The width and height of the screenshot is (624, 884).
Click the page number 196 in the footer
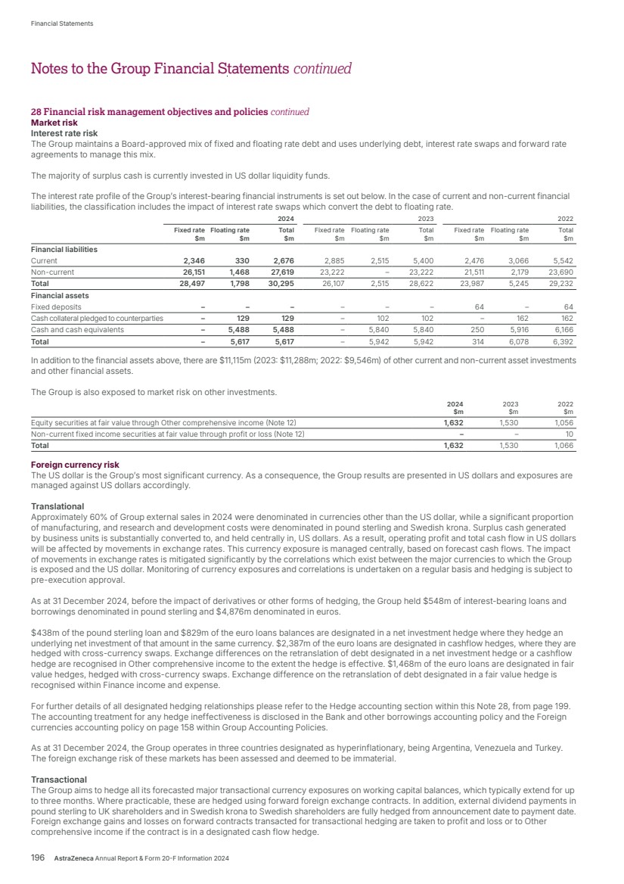[x=38, y=858]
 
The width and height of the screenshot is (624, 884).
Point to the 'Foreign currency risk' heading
[x=74, y=465]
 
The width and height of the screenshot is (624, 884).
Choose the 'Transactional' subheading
[x=59, y=779]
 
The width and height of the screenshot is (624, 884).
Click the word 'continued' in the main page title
[x=322, y=70]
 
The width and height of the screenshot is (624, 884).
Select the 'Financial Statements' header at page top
[x=62, y=23]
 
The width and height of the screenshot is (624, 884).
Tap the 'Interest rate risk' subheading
[x=64, y=132]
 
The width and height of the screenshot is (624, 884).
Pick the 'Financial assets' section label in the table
[x=60, y=296]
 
